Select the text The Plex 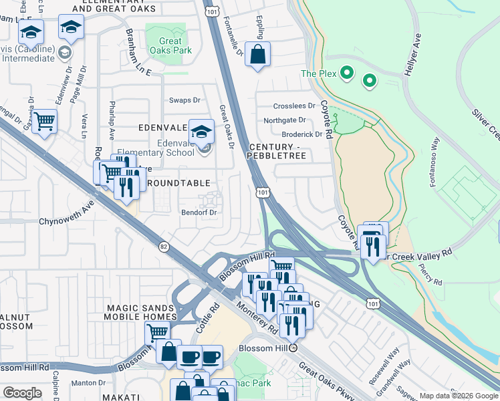[x=318, y=74]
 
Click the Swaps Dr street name [x=184, y=100]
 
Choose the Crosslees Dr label [x=294, y=106]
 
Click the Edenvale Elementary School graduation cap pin [x=201, y=132]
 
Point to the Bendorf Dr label [x=200, y=213]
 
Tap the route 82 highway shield [x=164, y=247]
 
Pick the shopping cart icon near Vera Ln [x=44, y=121]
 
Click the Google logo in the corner [x=22, y=393]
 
